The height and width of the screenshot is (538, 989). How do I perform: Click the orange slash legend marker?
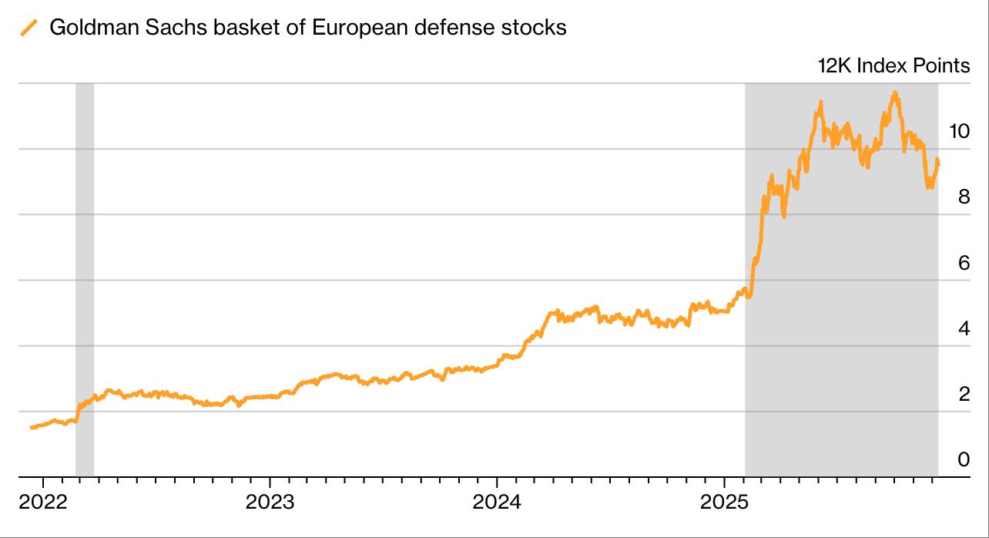(28, 29)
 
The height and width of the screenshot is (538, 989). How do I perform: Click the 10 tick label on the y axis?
(959, 131)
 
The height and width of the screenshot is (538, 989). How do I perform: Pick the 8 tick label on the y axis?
(964, 197)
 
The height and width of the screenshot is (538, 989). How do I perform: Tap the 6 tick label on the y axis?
(964, 263)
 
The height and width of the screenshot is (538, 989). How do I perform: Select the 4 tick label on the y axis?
(964, 329)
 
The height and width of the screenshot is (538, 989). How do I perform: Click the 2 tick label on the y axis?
(964, 395)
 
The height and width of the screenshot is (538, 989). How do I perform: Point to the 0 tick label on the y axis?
(964, 460)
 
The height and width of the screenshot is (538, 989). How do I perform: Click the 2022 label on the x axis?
(43, 503)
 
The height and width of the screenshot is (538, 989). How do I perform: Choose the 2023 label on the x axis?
(270, 503)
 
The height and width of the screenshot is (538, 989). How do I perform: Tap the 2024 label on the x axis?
(497, 503)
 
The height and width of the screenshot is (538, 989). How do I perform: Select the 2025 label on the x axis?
(724, 503)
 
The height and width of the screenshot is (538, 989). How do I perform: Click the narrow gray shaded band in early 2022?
(85, 308)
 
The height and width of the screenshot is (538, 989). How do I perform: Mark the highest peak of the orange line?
(894, 92)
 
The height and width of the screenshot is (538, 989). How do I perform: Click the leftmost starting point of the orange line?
(32, 427)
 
